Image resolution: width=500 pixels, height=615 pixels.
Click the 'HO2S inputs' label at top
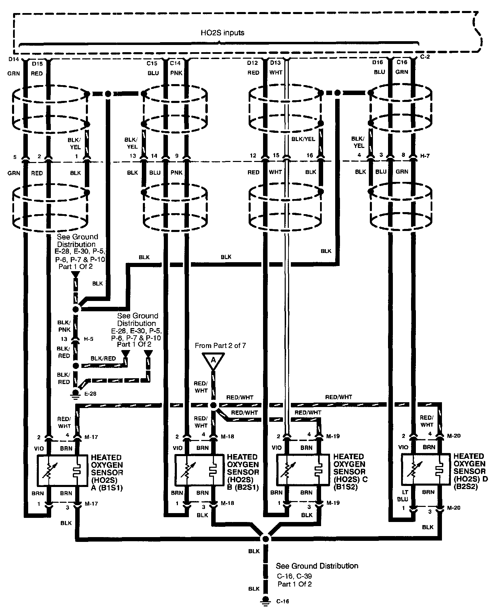point(223,33)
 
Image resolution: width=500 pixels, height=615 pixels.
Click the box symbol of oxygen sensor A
point(62,471)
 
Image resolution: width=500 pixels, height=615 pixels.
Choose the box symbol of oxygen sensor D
point(426,469)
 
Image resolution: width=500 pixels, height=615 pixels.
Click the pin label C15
point(152,63)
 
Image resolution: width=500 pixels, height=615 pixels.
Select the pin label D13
point(275,63)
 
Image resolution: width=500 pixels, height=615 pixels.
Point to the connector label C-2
point(425,57)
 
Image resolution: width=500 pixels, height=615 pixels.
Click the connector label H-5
point(88,339)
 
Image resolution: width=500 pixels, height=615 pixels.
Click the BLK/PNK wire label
point(64,326)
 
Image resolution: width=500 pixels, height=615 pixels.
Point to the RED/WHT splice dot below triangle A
point(213,405)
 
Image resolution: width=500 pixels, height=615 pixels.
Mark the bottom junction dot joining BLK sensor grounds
point(265,538)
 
